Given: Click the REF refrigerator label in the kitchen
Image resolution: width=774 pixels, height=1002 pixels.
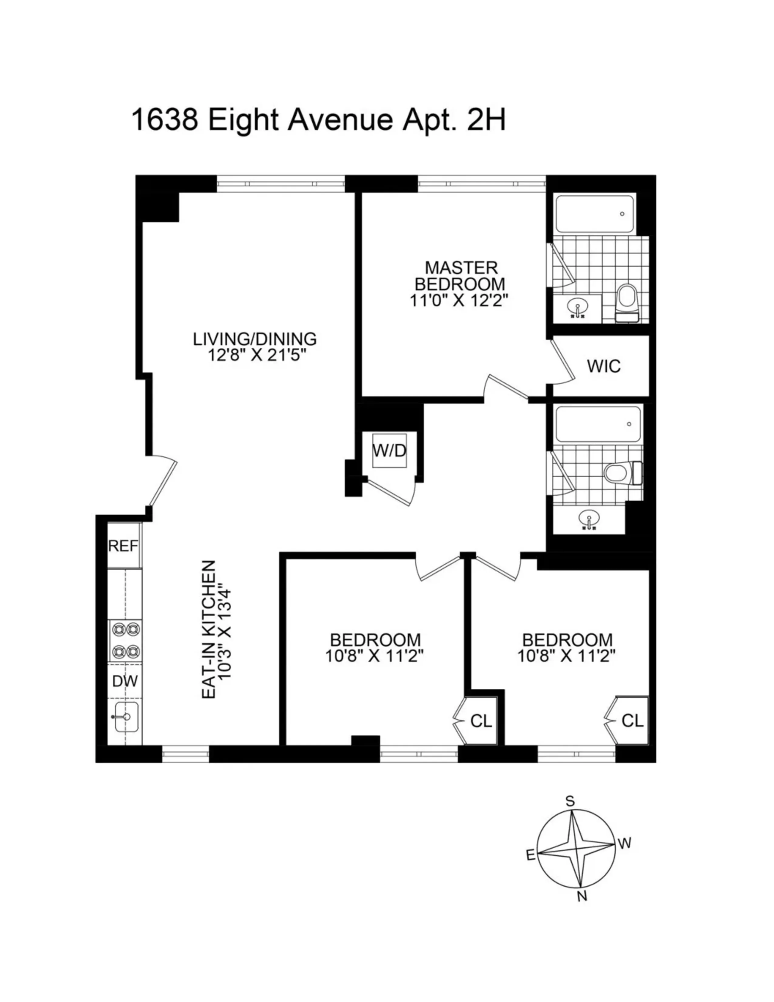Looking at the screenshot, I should pos(123,546).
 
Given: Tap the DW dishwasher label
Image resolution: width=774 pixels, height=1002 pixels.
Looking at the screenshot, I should pos(125,681).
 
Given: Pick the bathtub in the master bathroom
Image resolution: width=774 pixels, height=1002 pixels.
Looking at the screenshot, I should pos(595,214).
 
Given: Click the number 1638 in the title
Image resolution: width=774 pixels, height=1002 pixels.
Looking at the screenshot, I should pos(165,121).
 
